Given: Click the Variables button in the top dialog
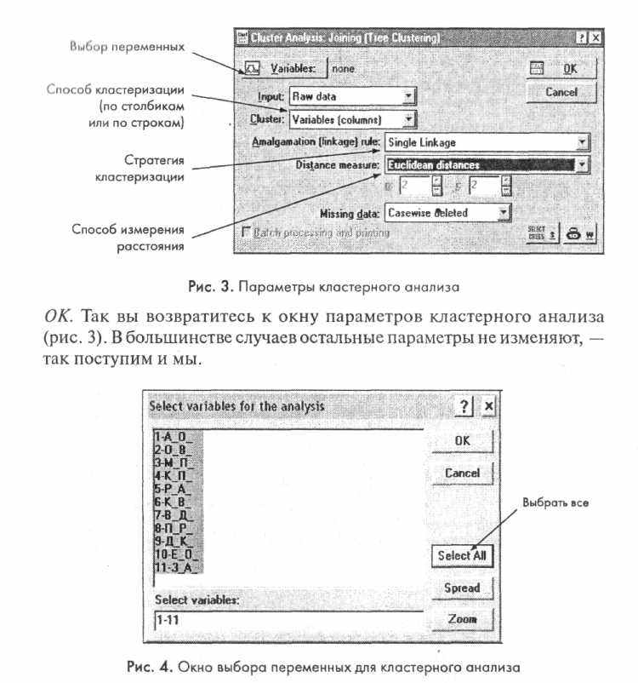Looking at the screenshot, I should [281, 67].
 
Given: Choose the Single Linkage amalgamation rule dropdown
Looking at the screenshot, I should [487, 142].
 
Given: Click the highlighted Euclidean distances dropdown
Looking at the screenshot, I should [487, 164].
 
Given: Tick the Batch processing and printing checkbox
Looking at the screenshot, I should [248, 232].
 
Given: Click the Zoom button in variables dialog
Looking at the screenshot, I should [462, 619].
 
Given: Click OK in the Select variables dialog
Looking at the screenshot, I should [462, 440].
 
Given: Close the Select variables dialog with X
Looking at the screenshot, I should [488, 406].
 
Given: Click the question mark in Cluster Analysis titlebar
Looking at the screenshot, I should [581, 38].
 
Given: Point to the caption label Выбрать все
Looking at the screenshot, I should [555, 502].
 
